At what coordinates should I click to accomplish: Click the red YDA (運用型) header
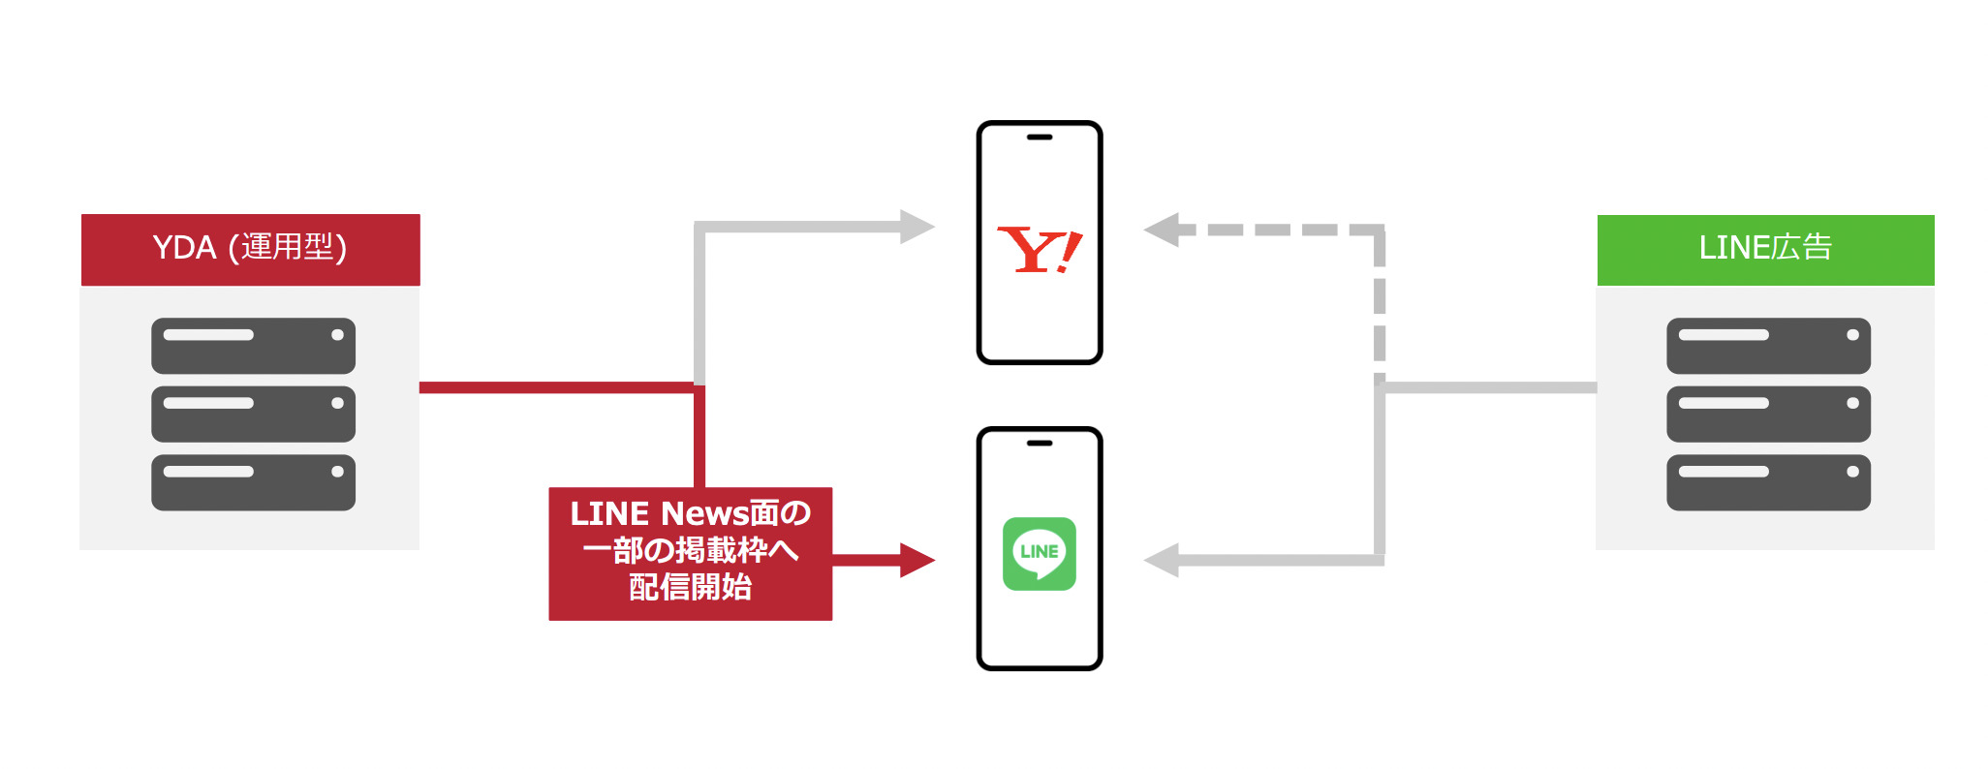click(x=250, y=249)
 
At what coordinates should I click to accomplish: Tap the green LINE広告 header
click(x=1765, y=249)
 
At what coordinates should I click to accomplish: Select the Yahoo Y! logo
click(x=1039, y=250)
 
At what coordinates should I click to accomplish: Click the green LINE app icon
click(x=1039, y=553)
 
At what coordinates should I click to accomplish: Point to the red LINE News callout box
click(x=690, y=553)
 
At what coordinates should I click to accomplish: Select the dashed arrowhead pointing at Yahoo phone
click(x=1162, y=230)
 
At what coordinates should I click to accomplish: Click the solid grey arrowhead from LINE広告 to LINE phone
click(x=1162, y=560)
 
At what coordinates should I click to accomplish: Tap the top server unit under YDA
click(x=253, y=346)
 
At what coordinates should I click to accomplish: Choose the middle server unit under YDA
click(x=253, y=414)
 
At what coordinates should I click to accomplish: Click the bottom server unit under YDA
click(x=253, y=482)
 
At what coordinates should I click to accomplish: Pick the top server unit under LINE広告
click(x=1768, y=346)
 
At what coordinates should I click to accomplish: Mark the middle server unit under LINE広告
click(x=1768, y=414)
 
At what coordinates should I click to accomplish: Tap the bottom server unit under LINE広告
click(x=1768, y=482)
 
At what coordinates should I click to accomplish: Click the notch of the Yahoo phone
click(x=1040, y=138)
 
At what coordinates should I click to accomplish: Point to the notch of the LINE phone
click(x=1040, y=444)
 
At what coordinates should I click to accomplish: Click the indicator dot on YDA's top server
click(x=337, y=335)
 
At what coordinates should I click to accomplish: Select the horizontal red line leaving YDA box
click(x=557, y=387)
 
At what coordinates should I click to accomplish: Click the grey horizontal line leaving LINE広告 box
click(x=1490, y=387)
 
